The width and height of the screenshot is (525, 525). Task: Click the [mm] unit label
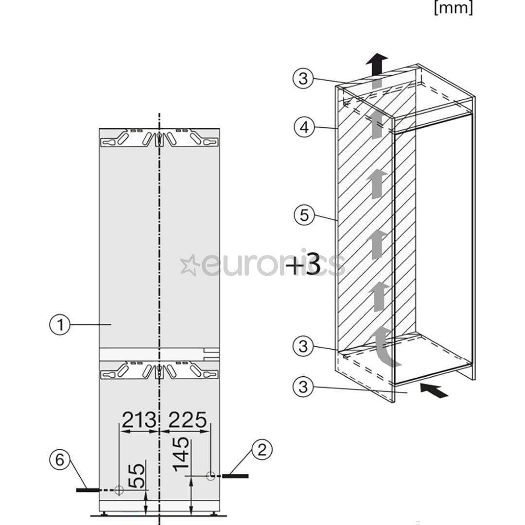coord(454,7)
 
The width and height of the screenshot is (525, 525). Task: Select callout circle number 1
coord(60,324)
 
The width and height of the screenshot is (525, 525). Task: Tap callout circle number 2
coord(262,450)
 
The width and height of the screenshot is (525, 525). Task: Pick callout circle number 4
coord(304,127)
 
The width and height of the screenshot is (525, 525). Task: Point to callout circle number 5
coord(304,215)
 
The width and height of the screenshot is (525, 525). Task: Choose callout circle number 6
coord(60,459)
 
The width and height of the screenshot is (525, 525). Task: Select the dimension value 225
coord(188,420)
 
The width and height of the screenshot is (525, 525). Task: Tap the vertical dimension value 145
coord(181,454)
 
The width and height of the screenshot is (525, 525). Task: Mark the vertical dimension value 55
coord(137,476)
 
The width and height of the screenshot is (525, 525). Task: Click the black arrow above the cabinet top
coord(377,65)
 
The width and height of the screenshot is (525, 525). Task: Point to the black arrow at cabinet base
coord(434,390)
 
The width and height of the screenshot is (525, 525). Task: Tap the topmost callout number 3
coord(303,79)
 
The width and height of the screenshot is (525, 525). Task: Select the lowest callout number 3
coord(303,387)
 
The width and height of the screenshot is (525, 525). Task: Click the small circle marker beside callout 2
coord(210,476)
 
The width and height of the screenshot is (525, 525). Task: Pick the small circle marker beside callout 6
coord(119,490)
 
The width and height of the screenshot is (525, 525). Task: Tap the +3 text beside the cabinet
coord(303,264)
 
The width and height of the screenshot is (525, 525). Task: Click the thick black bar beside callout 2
coord(235,476)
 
